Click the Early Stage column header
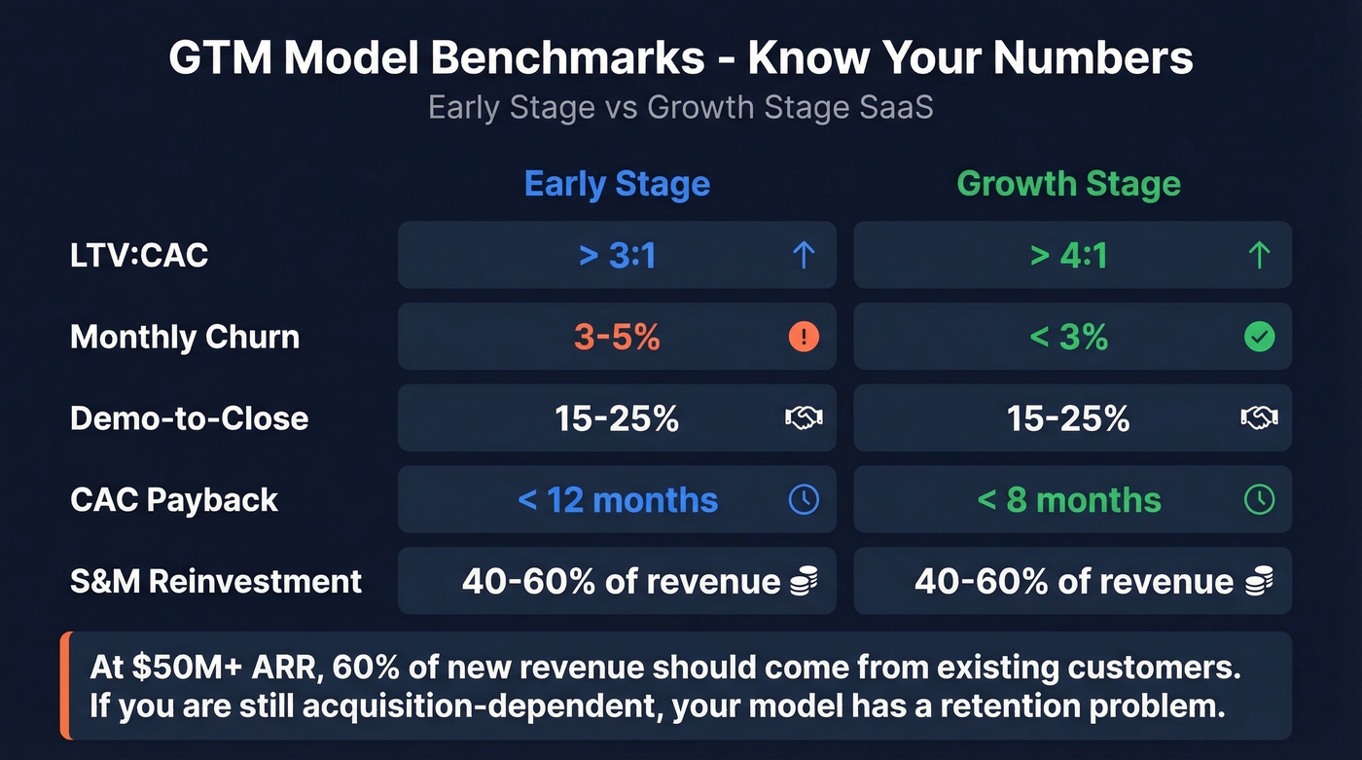[617, 184]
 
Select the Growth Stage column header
[1068, 184]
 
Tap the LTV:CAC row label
[139, 255]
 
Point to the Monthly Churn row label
[185, 337]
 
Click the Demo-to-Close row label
[189, 418]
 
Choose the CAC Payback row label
[174, 500]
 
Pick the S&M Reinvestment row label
[216, 581]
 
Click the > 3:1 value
[617, 255]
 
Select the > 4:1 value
[1068, 255]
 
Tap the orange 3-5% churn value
[617, 337]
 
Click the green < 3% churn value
[1068, 337]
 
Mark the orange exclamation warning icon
[804, 337]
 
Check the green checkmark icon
[1259, 337]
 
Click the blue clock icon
[804, 500]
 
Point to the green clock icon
[1259, 500]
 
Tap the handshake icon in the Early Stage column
[804, 418]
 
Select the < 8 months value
[1068, 500]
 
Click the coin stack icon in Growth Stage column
[1259, 582]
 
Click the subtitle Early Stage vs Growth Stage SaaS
[680, 106]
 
